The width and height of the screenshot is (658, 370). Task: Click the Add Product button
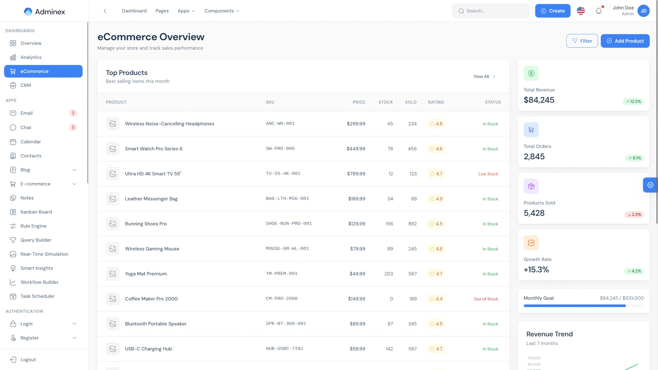[625, 41]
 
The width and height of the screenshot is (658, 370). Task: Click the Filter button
[582, 41]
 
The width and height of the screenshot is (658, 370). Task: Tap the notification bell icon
[598, 11]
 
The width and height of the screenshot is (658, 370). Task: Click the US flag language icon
[581, 11]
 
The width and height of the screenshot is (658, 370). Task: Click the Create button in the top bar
[552, 11]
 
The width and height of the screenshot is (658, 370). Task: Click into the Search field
[490, 11]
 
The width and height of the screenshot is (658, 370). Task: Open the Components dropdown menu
[222, 11]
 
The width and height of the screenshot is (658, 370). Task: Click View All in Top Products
[484, 77]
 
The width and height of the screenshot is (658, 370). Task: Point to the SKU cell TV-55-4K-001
[283, 174]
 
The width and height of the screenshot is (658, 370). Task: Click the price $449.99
[356, 149]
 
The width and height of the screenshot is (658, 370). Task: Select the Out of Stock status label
[486, 299]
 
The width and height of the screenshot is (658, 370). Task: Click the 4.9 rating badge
[436, 199]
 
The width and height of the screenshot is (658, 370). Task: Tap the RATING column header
[436, 102]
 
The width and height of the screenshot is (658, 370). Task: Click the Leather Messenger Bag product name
[151, 199]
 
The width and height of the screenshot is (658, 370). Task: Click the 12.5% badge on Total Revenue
[633, 102]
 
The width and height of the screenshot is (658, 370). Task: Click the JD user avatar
[643, 11]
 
